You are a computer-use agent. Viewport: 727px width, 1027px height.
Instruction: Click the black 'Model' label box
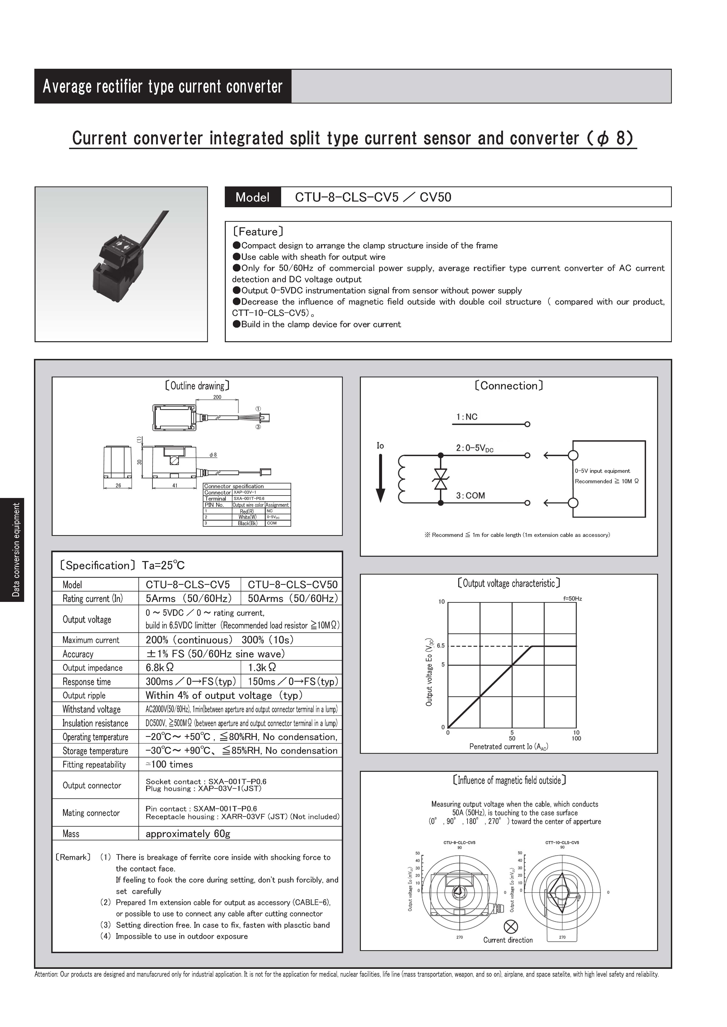coord(252,197)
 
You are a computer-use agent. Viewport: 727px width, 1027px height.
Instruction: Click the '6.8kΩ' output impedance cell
coord(160,667)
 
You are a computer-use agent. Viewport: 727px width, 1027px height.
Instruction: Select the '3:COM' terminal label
coord(470,495)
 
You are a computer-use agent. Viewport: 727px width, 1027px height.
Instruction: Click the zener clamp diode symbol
coord(441,479)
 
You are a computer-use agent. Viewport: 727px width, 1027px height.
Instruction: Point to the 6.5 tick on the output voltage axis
coord(441,646)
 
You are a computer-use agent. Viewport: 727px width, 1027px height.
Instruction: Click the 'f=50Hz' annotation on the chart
coord(572,598)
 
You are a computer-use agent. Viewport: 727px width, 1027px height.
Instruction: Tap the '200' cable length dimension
coord(217,397)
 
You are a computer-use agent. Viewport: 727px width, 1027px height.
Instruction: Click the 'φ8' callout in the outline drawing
coord(213,455)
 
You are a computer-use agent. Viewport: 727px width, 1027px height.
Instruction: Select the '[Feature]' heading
coord(258,232)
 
